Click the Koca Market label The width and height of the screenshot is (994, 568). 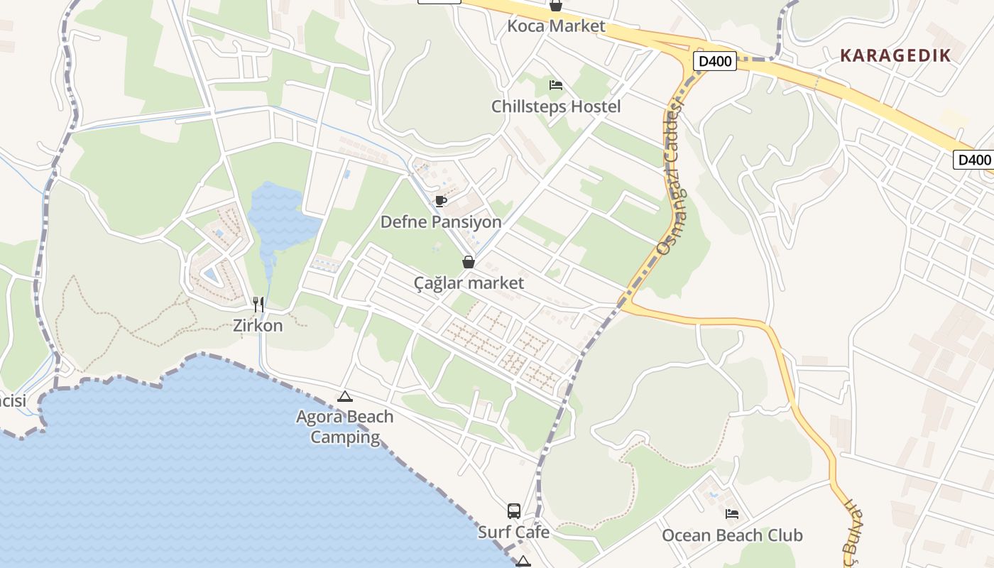click(556, 26)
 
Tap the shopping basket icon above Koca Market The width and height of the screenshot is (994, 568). click(556, 6)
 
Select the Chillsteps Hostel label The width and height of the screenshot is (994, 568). click(556, 106)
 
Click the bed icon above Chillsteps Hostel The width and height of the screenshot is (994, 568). click(556, 85)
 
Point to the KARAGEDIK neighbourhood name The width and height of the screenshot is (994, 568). click(895, 55)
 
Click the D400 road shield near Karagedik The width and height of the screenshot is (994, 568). click(715, 61)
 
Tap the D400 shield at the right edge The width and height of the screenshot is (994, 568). click(973, 160)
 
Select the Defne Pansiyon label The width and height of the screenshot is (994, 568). click(441, 222)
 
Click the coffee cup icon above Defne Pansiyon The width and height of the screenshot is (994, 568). click(441, 201)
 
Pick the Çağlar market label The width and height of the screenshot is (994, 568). click(469, 283)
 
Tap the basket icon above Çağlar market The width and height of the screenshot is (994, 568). click(469, 262)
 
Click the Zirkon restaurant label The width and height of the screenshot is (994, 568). click(258, 326)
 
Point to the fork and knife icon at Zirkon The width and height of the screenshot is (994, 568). click(258, 305)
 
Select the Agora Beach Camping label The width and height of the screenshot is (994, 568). click(345, 426)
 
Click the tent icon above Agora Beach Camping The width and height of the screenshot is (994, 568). click(345, 396)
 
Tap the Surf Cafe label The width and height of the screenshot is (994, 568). click(513, 532)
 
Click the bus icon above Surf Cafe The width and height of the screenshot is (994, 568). click(513, 510)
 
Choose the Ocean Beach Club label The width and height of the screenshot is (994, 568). click(732, 535)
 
